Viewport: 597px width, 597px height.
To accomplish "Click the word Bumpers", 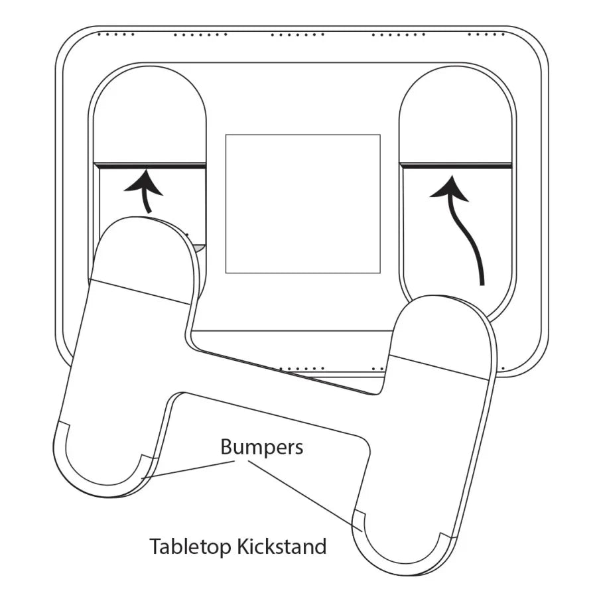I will (x=261, y=447).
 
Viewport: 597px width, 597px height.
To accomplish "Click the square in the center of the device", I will (x=302, y=204).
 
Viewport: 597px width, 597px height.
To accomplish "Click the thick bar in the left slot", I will (x=149, y=164).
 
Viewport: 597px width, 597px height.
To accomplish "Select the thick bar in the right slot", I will (x=456, y=164).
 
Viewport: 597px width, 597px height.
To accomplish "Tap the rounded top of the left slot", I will (x=149, y=93).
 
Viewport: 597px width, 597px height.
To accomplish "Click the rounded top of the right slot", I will (x=456, y=93).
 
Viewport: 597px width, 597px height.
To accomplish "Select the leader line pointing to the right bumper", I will (x=305, y=494).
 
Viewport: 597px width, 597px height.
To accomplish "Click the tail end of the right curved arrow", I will (x=482, y=282).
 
